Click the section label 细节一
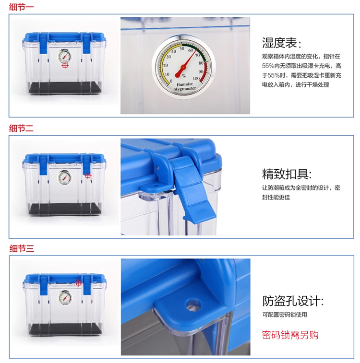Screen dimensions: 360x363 (x=21, y=7)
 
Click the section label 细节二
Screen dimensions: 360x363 (x=21, y=128)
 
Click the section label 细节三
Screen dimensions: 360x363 (x=22, y=248)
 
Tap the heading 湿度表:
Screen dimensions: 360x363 (x=281, y=43)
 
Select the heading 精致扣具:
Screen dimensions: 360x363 (x=287, y=174)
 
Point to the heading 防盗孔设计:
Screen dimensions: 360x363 (x=293, y=301)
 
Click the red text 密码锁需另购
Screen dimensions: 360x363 (x=290, y=335)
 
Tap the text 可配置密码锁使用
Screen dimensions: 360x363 (x=285, y=315)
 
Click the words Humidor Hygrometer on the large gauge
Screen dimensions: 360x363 (x=185, y=87)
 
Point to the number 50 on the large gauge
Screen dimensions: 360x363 (x=182, y=48)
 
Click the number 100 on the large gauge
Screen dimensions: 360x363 (x=196, y=79)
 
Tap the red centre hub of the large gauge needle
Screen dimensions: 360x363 (x=183, y=68)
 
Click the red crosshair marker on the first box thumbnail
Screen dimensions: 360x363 (x=65, y=65)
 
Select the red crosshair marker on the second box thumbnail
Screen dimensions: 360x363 (x=87, y=176)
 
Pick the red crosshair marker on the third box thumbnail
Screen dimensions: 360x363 (x=79, y=282)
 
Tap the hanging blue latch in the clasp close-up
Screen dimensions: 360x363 (x=194, y=188)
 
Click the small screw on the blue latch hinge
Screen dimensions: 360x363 (x=158, y=167)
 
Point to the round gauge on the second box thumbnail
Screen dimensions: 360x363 (x=65, y=177)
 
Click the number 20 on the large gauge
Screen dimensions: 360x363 (x=166, y=65)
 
